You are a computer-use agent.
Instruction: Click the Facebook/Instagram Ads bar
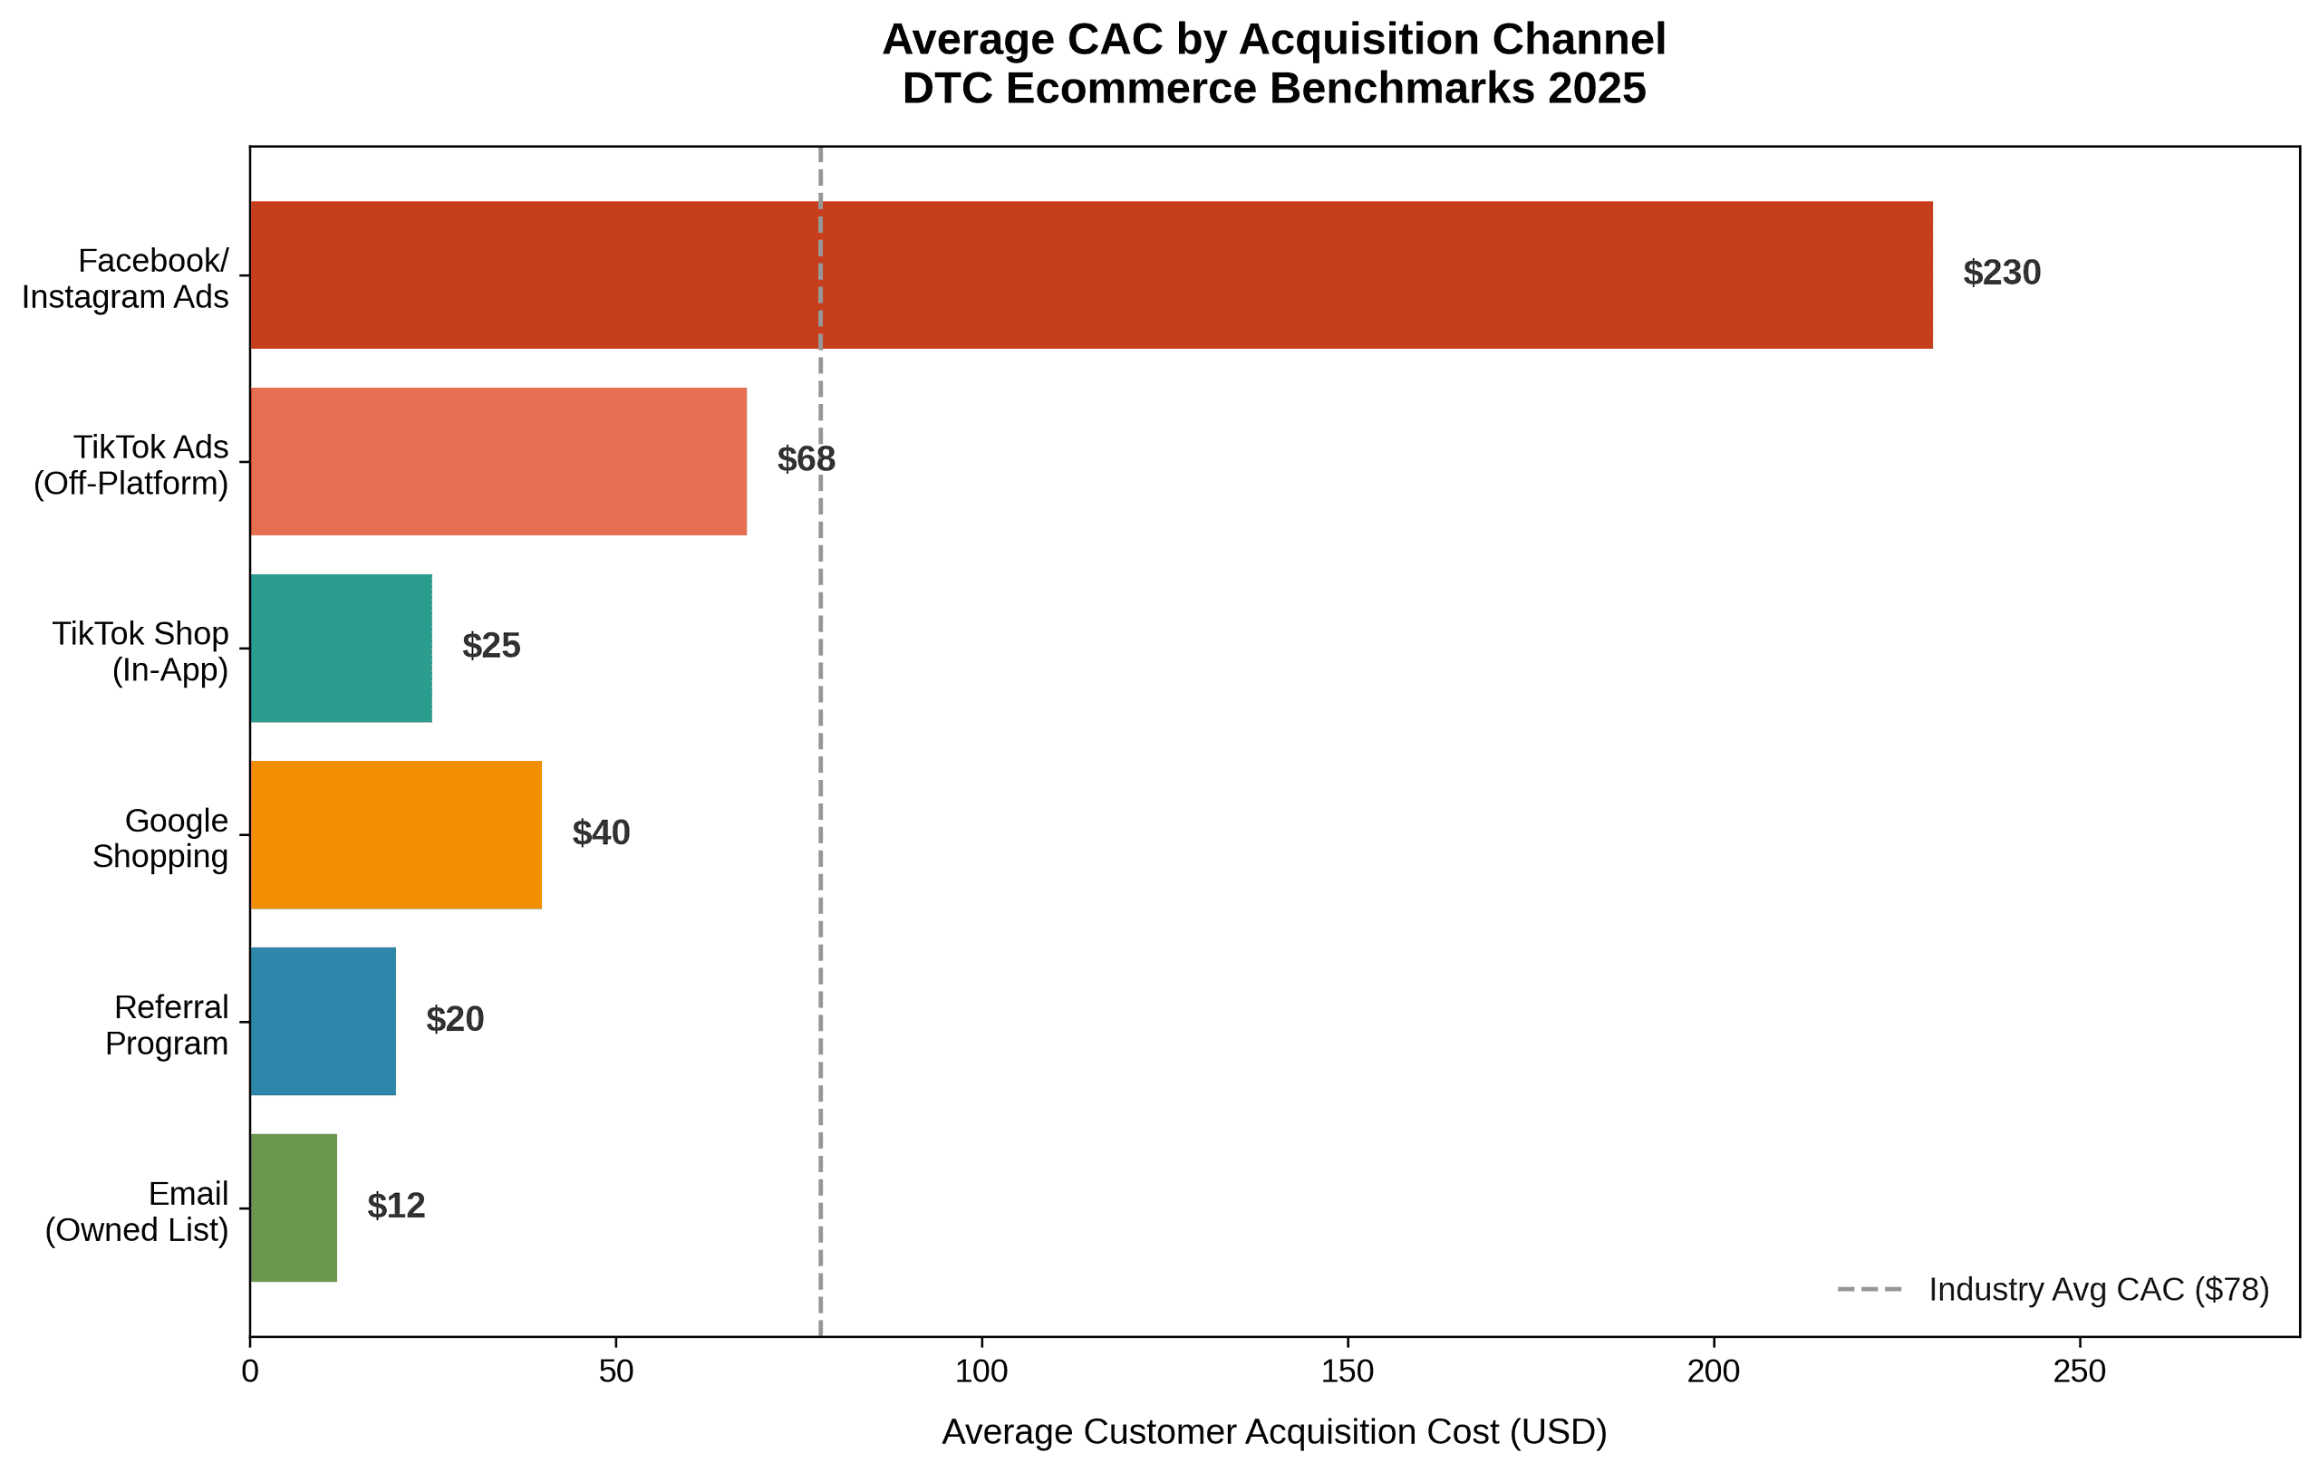click(x=1090, y=274)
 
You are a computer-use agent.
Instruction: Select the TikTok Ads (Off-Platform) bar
click(x=498, y=461)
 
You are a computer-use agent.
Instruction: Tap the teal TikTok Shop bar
click(x=341, y=648)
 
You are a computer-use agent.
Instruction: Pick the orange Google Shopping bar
click(x=396, y=834)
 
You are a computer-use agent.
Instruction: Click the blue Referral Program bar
click(x=323, y=1022)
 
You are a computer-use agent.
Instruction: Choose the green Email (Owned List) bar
click(x=294, y=1207)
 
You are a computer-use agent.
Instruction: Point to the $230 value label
click(x=2001, y=274)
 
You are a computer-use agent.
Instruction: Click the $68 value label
click(x=806, y=460)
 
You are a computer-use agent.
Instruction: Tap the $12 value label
click(x=396, y=1207)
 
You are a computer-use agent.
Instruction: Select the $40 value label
click(x=601, y=832)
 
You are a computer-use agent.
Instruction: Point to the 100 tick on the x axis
click(x=981, y=1371)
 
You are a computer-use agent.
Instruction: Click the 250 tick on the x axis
click(x=2079, y=1371)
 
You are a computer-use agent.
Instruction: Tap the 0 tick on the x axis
click(x=250, y=1371)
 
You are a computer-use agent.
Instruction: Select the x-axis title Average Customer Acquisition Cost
click(x=1274, y=1432)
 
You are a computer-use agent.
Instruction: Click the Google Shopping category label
click(x=159, y=839)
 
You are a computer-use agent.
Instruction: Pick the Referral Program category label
click(x=167, y=1025)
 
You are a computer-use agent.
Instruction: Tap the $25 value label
click(x=491, y=646)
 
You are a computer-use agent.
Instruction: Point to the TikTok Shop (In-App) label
click(x=140, y=652)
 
